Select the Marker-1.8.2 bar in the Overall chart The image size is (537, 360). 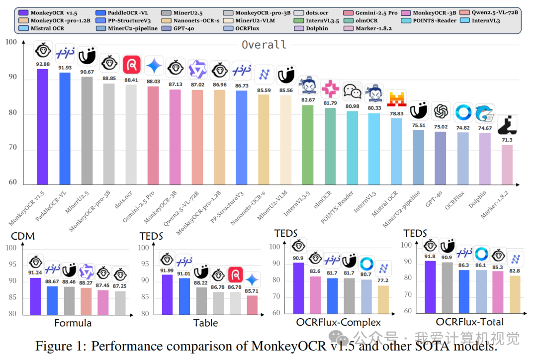tap(507, 165)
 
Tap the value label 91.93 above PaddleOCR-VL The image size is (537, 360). tap(65, 68)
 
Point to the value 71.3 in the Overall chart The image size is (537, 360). tap(507, 140)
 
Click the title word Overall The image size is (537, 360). tap(264, 44)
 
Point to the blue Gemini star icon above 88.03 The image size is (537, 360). tap(154, 65)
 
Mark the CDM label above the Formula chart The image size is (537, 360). tap(23, 236)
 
